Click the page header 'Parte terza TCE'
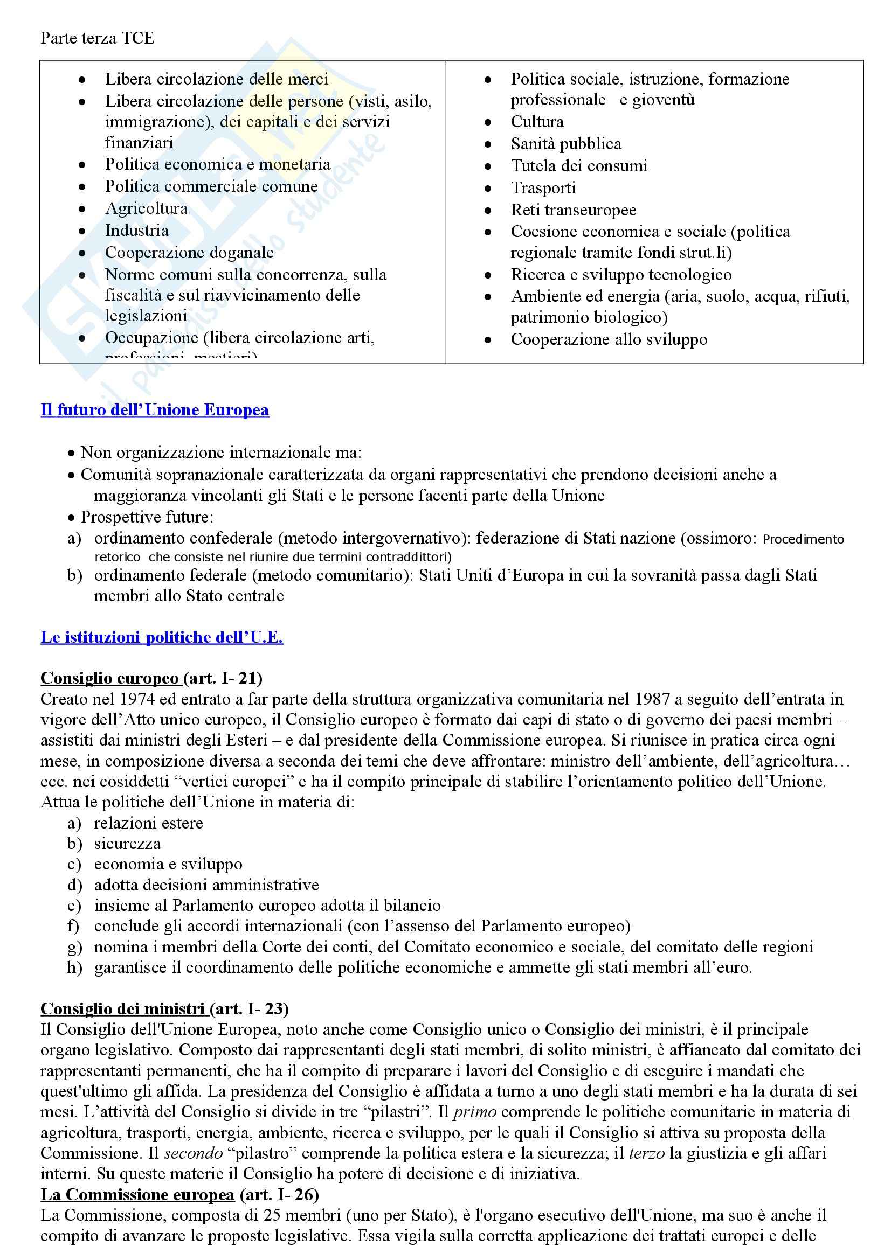[x=97, y=38]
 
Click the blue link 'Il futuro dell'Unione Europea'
[x=154, y=410]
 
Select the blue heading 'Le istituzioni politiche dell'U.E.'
[x=161, y=637]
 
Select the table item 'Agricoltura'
[x=146, y=208]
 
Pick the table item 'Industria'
[x=137, y=231]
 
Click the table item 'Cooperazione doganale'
[x=189, y=253]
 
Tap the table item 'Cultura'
[x=537, y=121]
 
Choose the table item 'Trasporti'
[x=543, y=187]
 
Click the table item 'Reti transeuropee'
[x=573, y=210]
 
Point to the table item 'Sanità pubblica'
[x=565, y=144]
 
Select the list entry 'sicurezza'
[x=127, y=844]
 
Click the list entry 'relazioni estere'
[x=148, y=823]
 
